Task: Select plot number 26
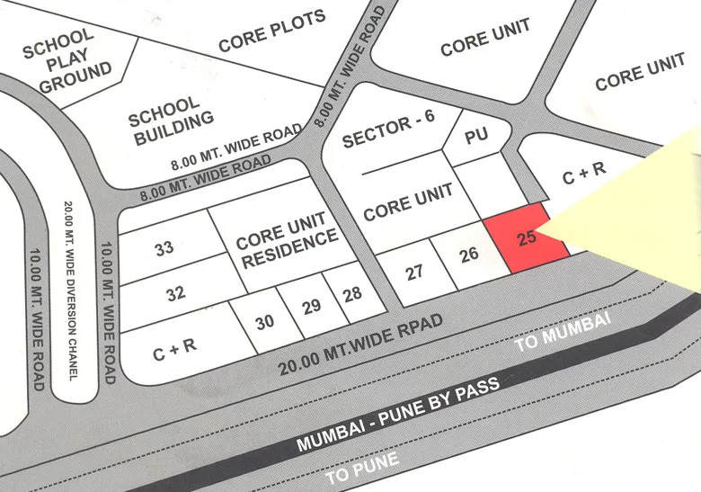pos(468,255)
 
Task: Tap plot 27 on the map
pos(414,272)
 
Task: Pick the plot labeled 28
pos(352,294)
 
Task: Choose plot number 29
pos(311,307)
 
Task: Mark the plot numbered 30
pos(264,321)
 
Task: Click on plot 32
pos(175,293)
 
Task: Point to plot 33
pos(164,248)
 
